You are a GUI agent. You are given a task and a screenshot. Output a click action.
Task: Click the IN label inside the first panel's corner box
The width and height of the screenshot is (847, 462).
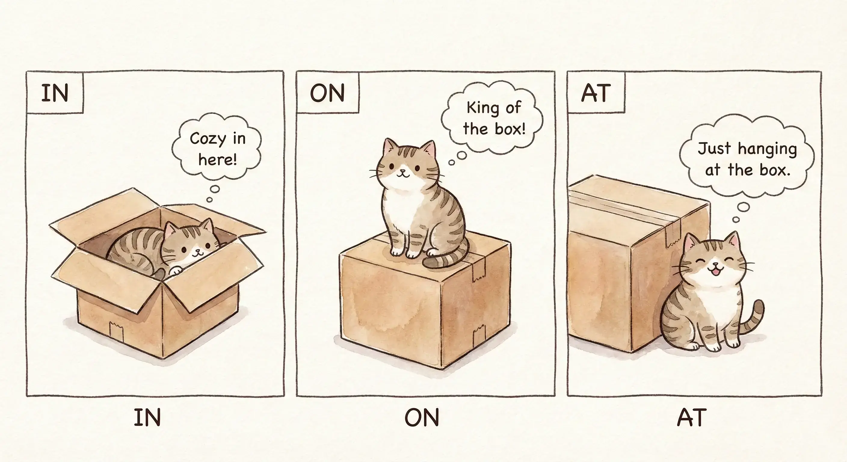(55, 93)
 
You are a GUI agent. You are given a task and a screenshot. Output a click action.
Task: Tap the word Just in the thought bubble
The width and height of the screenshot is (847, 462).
(714, 148)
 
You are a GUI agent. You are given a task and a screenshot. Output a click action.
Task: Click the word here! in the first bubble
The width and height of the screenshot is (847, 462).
(217, 160)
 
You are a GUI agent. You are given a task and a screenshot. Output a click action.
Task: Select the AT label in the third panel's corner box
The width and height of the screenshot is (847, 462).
(596, 93)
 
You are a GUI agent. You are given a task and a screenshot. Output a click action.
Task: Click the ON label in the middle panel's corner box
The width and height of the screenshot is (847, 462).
(327, 93)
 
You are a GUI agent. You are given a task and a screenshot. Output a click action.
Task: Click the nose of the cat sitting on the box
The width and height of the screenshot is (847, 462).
(402, 171)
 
